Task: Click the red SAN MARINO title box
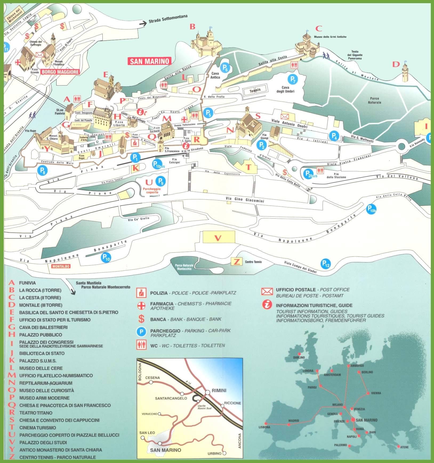point(150,61)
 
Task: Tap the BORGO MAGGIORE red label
point(61,72)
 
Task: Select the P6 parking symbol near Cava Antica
point(225,68)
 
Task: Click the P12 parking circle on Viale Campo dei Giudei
point(326,264)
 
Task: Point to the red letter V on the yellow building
point(218,238)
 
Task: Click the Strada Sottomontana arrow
point(143,23)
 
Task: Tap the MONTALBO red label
point(61,266)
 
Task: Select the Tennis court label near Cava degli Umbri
point(255,91)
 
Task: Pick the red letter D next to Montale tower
point(396,64)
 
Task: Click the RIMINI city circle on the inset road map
point(208,392)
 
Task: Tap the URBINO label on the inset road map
point(215,453)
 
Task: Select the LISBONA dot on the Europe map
point(266,423)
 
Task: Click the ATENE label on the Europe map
point(404,447)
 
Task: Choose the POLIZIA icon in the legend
point(141,293)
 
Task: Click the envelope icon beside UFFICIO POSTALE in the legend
point(267,292)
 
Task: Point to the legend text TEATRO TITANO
point(36,413)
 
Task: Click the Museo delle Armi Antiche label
point(330,37)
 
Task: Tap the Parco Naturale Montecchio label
point(184,267)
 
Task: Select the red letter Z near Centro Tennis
point(236,261)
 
